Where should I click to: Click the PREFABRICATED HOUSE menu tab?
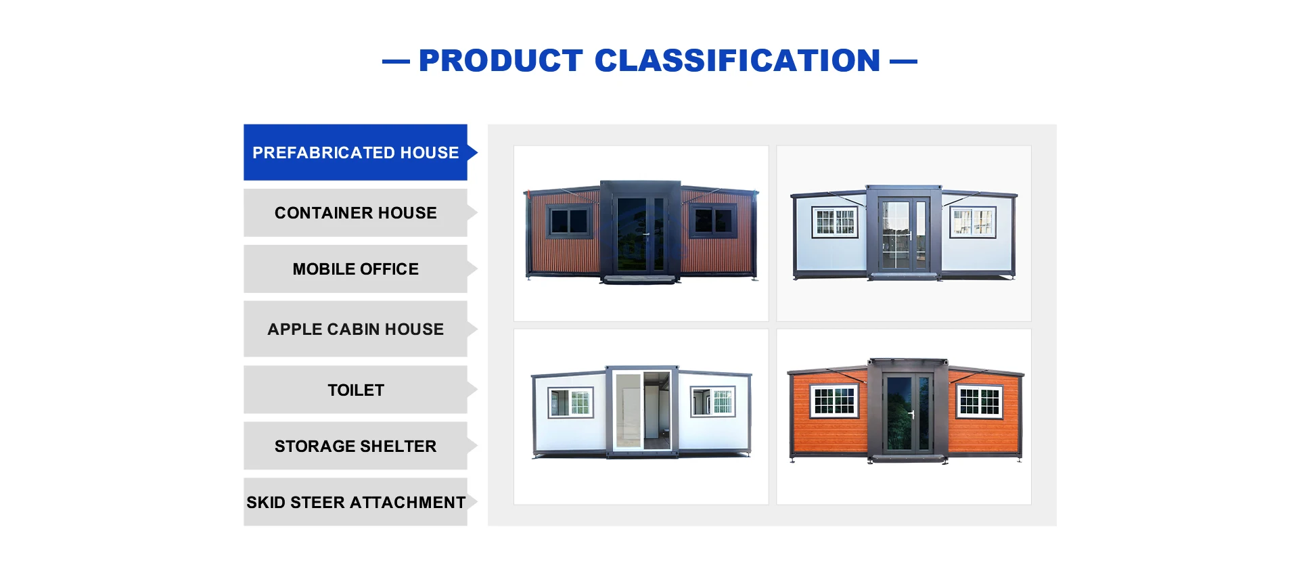356,152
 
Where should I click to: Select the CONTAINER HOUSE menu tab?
356,212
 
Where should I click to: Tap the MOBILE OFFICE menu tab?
356,269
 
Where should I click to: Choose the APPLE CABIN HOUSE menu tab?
356,329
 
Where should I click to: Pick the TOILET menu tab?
356,390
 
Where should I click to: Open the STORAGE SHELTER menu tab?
356,446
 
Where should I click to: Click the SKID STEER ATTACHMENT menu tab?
356,502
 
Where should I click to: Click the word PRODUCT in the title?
501,61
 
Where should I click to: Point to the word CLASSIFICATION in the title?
737,61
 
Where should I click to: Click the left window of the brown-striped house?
569,221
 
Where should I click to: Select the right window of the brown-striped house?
713,221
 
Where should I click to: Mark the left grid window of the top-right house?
836,222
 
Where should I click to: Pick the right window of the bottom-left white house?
713,402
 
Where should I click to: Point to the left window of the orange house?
835,401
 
